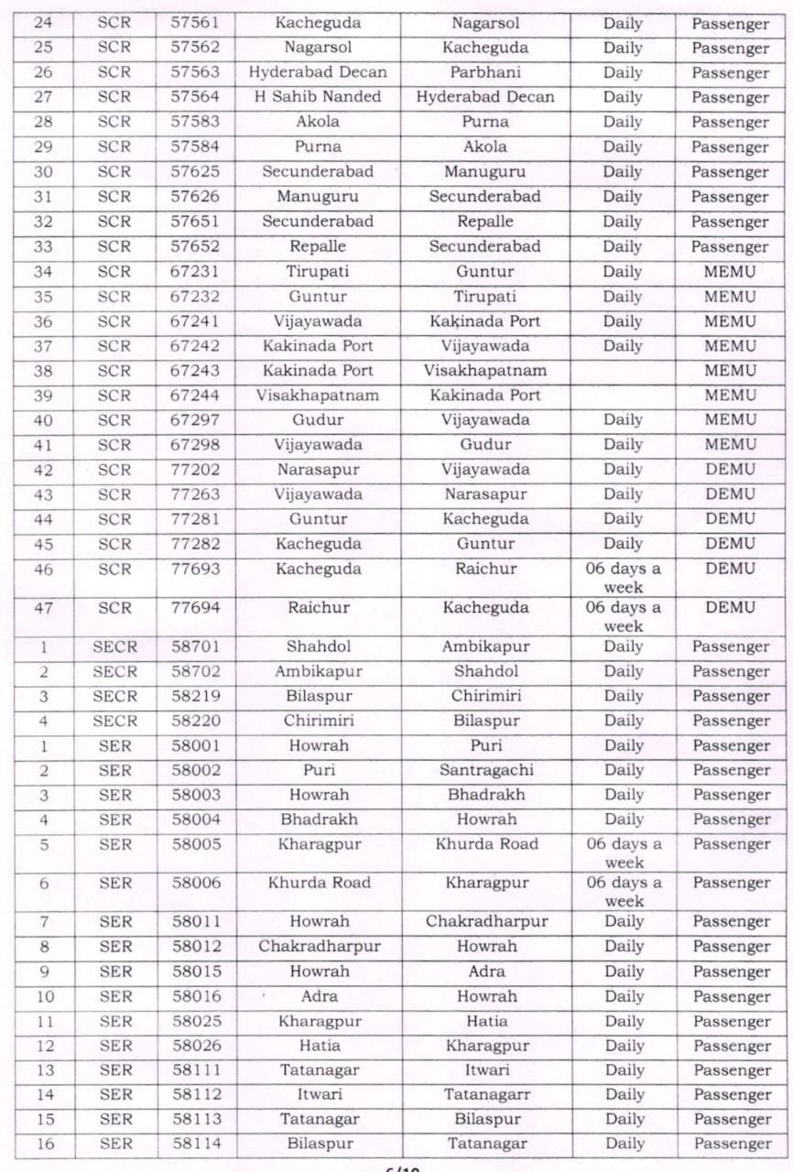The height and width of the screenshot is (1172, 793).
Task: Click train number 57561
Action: [194, 22]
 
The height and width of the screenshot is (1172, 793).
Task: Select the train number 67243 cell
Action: [194, 371]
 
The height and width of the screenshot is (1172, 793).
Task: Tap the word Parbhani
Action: [485, 72]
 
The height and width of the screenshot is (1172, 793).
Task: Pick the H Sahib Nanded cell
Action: [318, 97]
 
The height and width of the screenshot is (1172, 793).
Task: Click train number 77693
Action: [194, 569]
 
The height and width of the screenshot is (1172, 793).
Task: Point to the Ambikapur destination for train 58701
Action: [485, 646]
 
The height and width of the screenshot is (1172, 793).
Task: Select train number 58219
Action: [194, 696]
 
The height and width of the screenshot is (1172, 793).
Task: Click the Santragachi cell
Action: [485, 770]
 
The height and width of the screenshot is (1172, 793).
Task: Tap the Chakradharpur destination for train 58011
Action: [485, 921]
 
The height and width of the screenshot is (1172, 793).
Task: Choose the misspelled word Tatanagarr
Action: [485, 1095]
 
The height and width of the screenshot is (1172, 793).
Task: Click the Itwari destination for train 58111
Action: [485, 1070]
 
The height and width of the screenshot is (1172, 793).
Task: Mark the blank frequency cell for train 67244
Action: [623, 396]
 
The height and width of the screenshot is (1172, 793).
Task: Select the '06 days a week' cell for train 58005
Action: [624, 852]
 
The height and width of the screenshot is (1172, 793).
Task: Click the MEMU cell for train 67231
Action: [730, 272]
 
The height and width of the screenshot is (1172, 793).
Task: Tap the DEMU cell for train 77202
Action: [730, 470]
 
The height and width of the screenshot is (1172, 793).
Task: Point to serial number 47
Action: [43, 607]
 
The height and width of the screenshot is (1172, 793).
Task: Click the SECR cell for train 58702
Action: [114, 671]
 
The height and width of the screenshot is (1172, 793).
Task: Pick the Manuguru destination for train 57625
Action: [485, 172]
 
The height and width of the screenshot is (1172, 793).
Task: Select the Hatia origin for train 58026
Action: [318, 1046]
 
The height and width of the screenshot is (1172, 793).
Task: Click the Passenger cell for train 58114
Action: [731, 1144]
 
